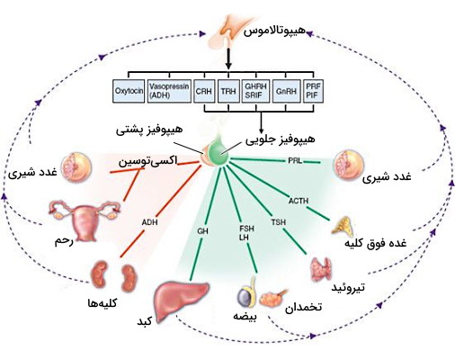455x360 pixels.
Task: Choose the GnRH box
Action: click(x=286, y=90)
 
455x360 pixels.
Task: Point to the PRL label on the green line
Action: click(x=294, y=161)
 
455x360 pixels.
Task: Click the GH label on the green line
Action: click(x=202, y=231)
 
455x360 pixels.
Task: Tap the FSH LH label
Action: click(x=246, y=232)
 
